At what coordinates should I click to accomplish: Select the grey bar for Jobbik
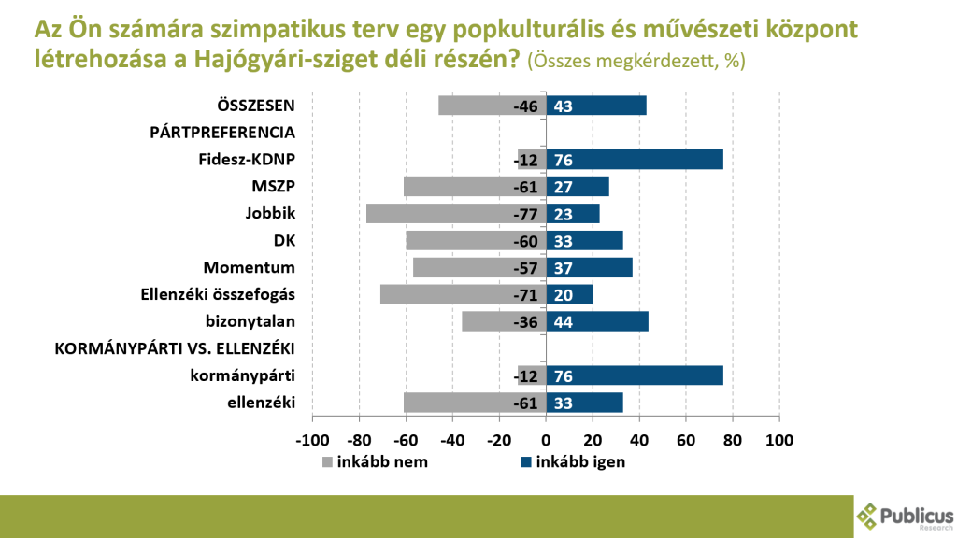pos(449,214)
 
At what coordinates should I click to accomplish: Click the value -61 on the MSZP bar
pos(525,187)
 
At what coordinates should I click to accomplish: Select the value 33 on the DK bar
pos(564,241)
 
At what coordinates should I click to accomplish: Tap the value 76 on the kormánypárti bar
pos(564,376)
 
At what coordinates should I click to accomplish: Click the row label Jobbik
pos(271,214)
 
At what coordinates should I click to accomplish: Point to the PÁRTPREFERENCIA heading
pos(222,133)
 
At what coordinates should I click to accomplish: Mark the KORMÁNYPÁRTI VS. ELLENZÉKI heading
pos(176,349)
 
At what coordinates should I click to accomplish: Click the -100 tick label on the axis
pos(312,440)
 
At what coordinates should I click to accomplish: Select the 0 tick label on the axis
pos(546,440)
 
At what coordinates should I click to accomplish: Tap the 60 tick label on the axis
pos(686,440)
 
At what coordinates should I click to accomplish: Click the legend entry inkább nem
pos(381,461)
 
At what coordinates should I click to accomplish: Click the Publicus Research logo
pos(905,517)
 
